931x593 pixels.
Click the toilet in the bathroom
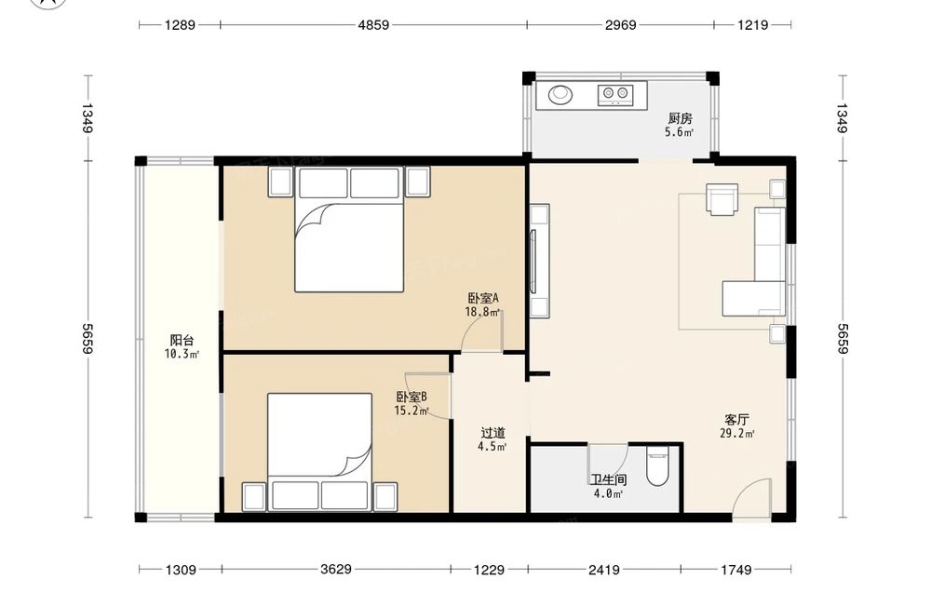click(x=657, y=468)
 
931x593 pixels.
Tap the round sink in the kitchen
click(x=560, y=94)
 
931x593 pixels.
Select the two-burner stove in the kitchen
click(x=614, y=95)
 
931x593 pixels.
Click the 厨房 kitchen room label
click(x=680, y=118)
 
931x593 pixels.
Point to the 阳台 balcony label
click(x=182, y=340)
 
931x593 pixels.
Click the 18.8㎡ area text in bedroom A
click(x=482, y=312)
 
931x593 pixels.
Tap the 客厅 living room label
click(x=736, y=420)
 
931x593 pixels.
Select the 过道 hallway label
click(x=492, y=433)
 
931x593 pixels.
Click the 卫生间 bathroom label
click(x=608, y=479)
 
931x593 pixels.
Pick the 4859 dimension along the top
click(x=373, y=25)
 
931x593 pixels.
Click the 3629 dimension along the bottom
click(x=336, y=569)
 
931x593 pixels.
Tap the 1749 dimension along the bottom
click(x=736, y=570)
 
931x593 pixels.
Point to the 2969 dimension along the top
click(x=620, y=25)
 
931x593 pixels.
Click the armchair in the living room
click(x=722, y=199)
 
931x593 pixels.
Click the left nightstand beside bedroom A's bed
click(x=281, y=182)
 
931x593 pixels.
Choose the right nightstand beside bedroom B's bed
click(x=385, y=497)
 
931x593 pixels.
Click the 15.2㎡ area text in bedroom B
click(x=412, y=411)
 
